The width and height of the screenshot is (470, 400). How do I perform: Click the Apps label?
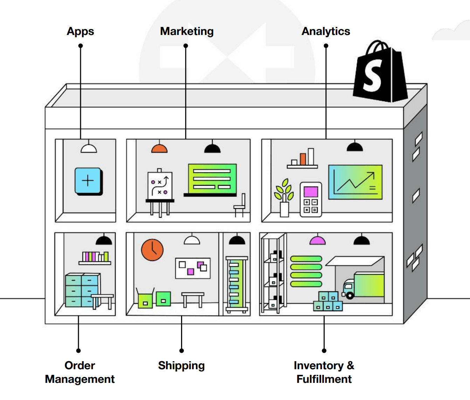pyautogui.click(x=80, y=31)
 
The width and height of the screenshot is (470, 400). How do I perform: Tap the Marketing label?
pyautogui.click(x=187, y=31)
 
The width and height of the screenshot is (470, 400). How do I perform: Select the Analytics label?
pyautogui.click(x=326, y=31)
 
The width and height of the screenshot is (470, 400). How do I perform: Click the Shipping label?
pyautogui.click(x=181, y=366)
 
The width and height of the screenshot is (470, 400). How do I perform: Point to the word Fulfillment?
pyautogui.click(x=324, y=379)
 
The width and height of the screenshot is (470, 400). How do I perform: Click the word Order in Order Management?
pyautogui.click(x=80, y=366)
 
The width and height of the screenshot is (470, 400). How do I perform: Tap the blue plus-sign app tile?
pyautogui.click(x=88, y=181)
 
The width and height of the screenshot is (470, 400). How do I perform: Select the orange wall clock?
pyautogui.click(x=152, y=250)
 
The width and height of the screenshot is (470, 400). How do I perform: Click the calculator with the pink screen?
pyautogui.click(x=311, y=199)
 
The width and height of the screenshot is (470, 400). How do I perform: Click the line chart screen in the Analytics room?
pyautogui.click(x=355, y=182)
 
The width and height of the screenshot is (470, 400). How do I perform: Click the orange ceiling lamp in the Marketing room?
pyautogui.click(x=159, y=149)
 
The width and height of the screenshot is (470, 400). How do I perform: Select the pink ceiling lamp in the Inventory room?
pyautogui.click(x=318, y=241)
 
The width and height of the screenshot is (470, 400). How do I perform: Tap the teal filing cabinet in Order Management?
pyautogui.click(x=82, y=290)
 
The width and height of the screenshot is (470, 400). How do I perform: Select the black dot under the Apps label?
pyautogui.click(x=81, y=46)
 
